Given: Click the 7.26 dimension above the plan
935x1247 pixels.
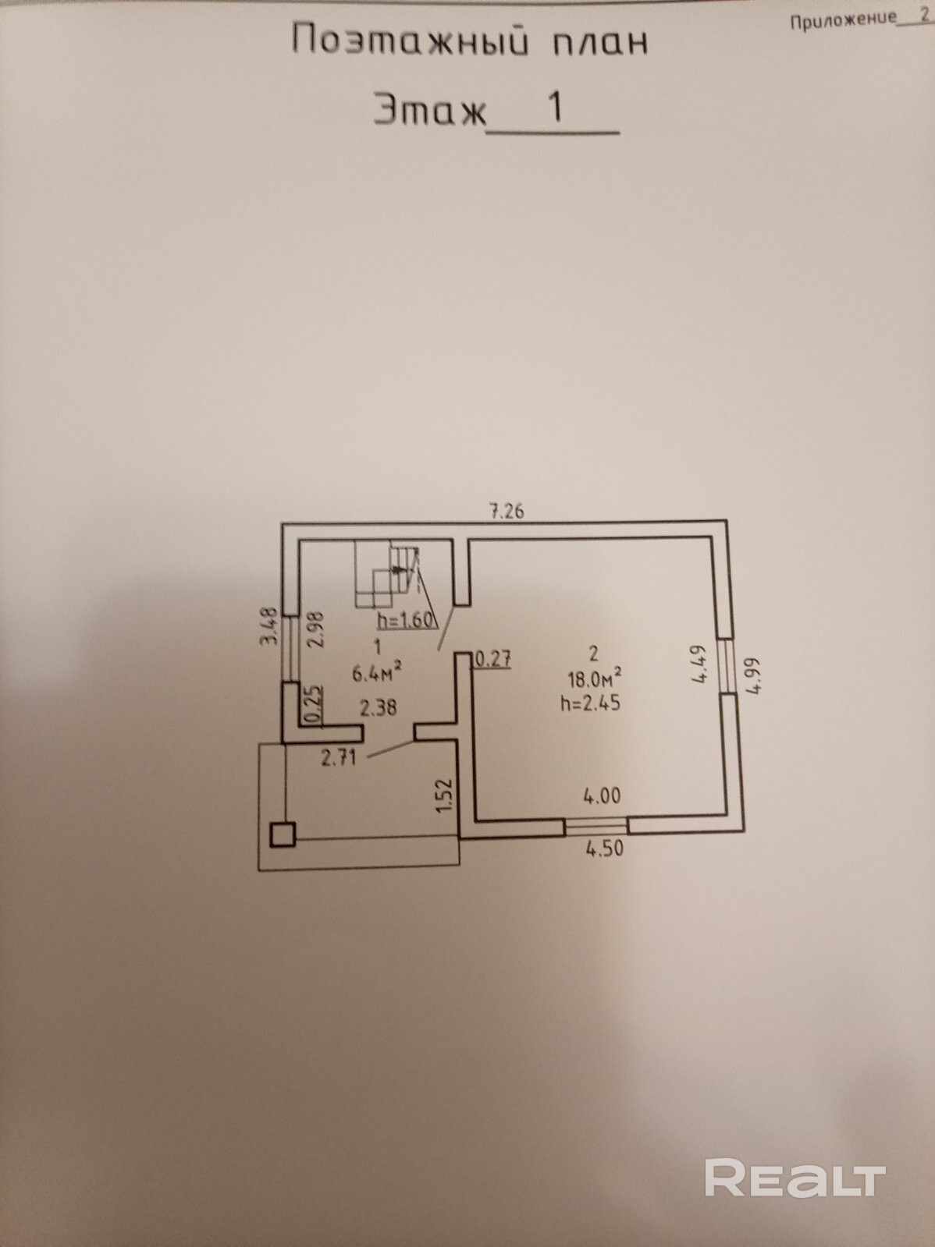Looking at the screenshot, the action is coord(506,512).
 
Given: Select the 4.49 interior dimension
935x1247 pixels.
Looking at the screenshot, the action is coord(699,664).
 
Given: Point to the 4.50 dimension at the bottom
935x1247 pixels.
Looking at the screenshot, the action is coord(605,848).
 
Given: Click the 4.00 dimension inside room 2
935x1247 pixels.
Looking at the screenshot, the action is coord(602,795).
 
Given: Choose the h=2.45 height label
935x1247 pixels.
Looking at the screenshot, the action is coord(590,703).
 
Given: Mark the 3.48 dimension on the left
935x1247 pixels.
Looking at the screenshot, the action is coord(269,627).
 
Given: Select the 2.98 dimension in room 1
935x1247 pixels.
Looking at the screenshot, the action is coord(316,630).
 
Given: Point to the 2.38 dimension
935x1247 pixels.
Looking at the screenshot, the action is coord(378,708).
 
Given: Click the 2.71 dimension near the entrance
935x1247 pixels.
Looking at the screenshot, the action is coord(339,757).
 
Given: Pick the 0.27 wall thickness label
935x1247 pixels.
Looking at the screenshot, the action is coord(492,659).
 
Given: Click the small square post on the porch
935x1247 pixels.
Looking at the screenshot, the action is coord(283,834).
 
